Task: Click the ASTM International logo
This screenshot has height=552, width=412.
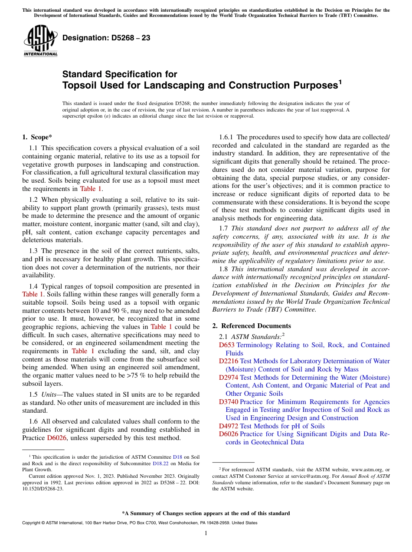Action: [40, 41]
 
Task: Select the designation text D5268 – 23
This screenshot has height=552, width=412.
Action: [106, 38]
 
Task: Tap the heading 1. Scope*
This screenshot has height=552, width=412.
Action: [37, 138]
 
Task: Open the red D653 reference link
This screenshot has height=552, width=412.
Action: [227, 345]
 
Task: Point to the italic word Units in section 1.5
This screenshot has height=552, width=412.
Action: [50, 394]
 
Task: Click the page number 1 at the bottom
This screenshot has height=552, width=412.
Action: [206, 533]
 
